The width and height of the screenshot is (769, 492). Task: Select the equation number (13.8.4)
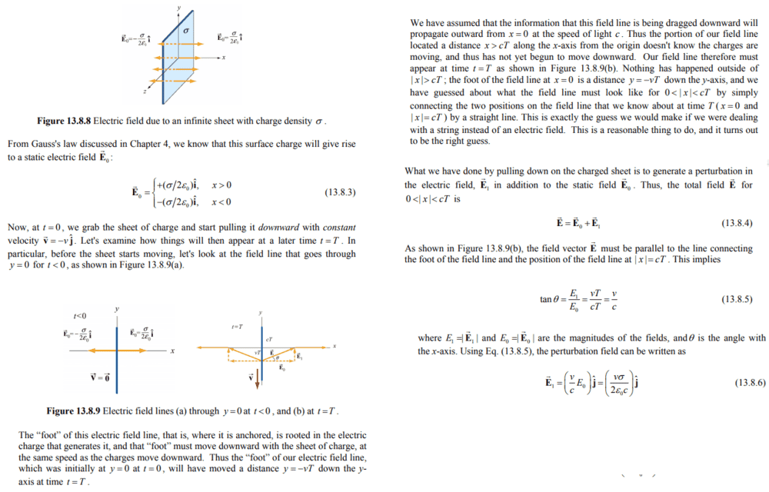point(737,223)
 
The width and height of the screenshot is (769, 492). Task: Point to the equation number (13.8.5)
point(737,298)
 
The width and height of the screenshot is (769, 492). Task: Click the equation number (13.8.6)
point(751,382)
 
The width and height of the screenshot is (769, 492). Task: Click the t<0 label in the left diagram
point(80,316)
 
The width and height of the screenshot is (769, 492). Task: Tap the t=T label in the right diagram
point(238,327)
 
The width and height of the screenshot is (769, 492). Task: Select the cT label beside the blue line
point(269,339)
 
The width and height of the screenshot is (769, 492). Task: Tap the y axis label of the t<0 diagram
point(116,311)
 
